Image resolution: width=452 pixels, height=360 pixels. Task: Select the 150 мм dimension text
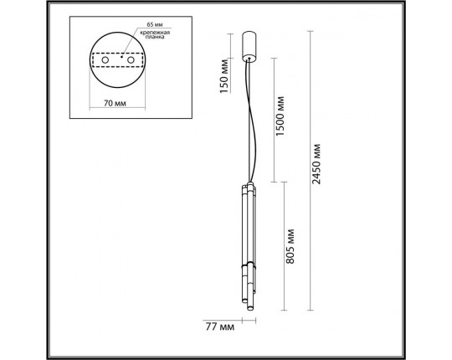pyautogui.click(x=223, y=77)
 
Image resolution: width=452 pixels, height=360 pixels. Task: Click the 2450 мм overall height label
pyautogui.click(x=316, y=163)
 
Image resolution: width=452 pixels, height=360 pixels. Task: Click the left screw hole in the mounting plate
pyautogui.click(x=106, y=61)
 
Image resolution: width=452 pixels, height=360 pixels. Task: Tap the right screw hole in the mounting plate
pyautogui.click(x=131, y=61)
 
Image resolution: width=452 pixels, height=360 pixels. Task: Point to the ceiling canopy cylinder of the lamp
pyautogui.click(x=248, y=46)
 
